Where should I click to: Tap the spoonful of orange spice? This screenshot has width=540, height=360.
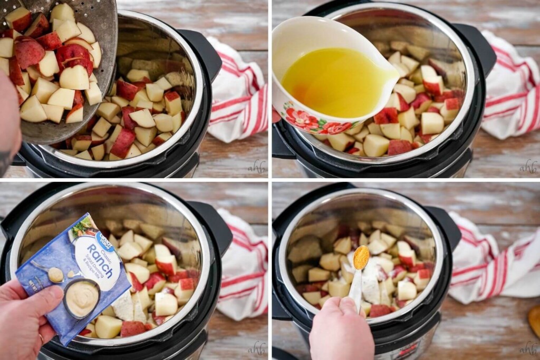tap(361, 257)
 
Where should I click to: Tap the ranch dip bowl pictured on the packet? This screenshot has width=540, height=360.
tap(82, 298)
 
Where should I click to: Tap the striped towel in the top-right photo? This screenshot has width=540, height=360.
tap(509, 87)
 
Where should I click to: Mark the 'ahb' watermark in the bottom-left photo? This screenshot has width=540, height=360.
tap(257, 347)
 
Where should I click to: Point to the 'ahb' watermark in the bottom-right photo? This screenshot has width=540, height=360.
tap(528, 347)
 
